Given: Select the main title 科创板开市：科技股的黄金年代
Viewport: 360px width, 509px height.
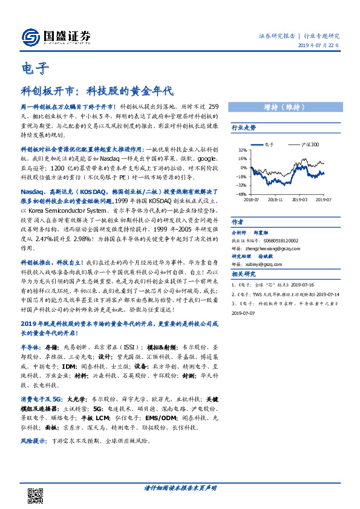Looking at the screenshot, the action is (x=96, y=92).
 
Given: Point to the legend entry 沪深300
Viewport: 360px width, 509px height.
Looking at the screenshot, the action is (x=311, y=144).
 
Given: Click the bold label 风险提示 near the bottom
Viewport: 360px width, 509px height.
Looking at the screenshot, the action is (x=34, y=441).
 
